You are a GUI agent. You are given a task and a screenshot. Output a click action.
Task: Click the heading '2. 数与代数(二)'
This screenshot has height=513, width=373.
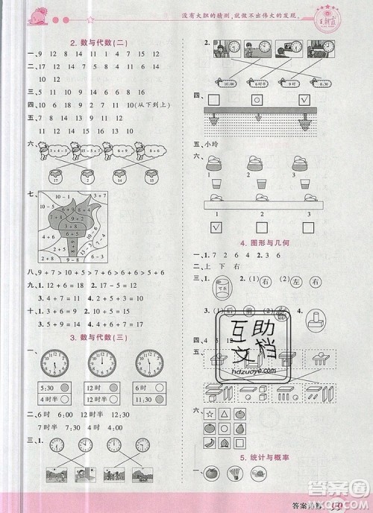pyautogui.click(x=97, y=43)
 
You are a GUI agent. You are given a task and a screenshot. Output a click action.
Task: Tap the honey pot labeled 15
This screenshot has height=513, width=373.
pyautogui.click(x=152, y=177)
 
